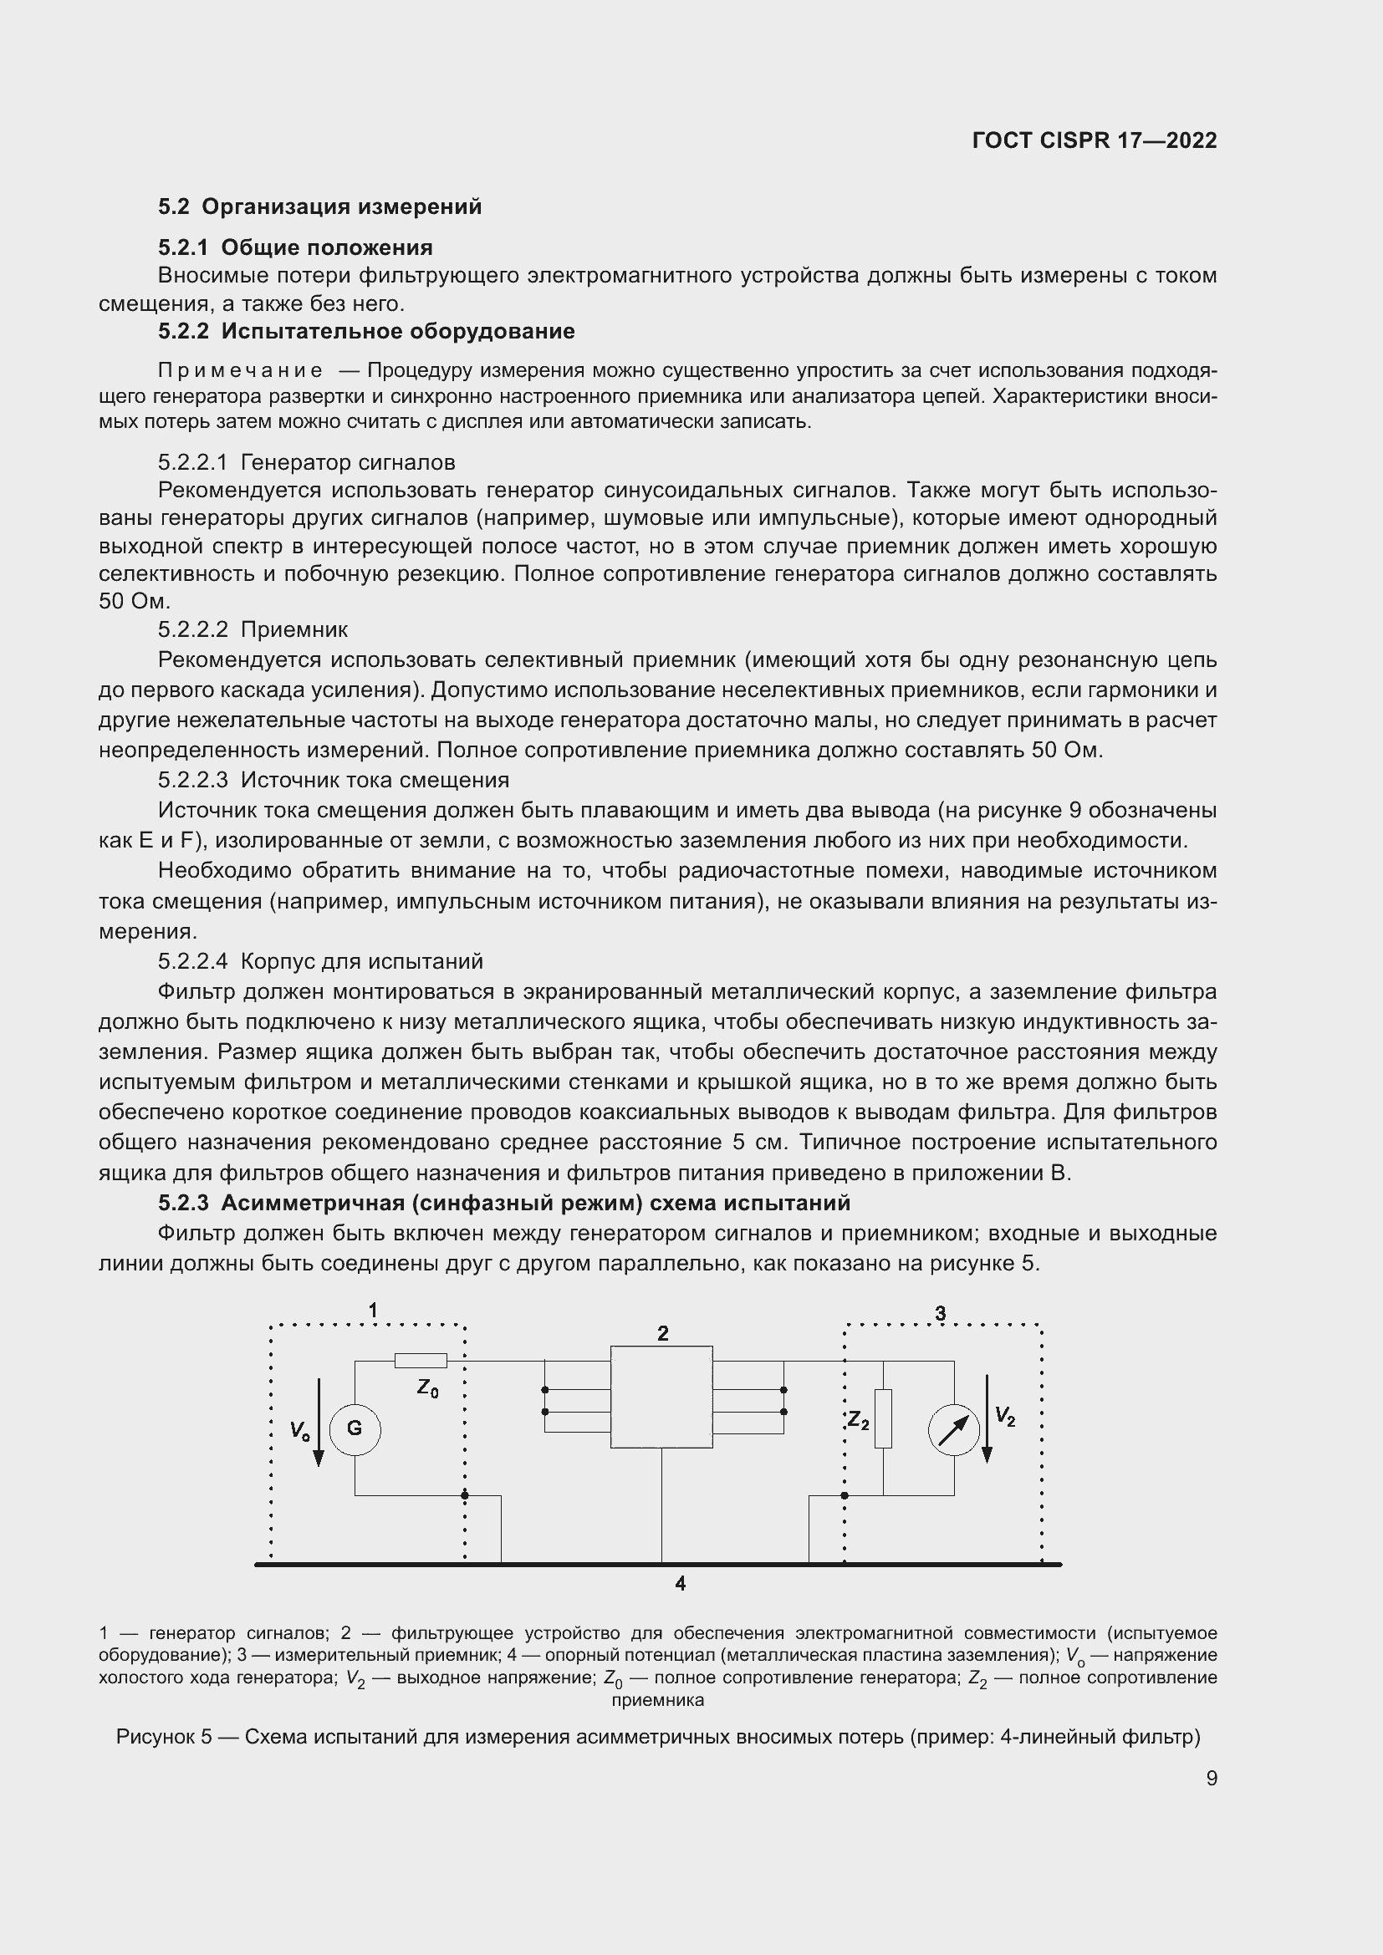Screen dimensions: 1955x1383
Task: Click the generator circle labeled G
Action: click(x=355, y=1428)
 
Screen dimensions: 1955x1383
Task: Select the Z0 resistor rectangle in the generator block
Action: click(x=421, y=1361)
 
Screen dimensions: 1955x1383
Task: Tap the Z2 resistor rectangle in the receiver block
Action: click(x=883, y=1418)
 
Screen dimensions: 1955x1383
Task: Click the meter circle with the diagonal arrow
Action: click(x=954, y=1429)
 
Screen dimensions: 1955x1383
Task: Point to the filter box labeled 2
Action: click(x=661, y=1397)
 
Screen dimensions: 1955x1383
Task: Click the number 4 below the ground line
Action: click(x=680, y=1583)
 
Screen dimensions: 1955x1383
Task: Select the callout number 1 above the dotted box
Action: click(x=372, y=1311)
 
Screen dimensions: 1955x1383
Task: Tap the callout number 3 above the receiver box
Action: click(x=940, y=1313)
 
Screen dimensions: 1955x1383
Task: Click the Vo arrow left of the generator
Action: click(x=319, y=1422)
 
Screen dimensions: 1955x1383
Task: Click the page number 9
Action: click(x=1211, y=1778)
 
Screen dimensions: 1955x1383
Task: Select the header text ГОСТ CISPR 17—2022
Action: click(x=1095, y=140)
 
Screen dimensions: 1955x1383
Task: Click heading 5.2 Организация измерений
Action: click(x=320, y=207)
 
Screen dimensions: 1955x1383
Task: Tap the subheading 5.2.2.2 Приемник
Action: click(x=253, y=629)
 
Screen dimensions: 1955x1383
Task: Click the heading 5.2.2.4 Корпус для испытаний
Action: click(x=320, y=960)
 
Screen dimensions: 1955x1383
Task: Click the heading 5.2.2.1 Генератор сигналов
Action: click(x=307, y=462)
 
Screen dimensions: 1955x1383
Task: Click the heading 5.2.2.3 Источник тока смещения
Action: click(x=333, y=779)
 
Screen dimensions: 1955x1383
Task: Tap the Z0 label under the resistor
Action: click(x=427, y=1388)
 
